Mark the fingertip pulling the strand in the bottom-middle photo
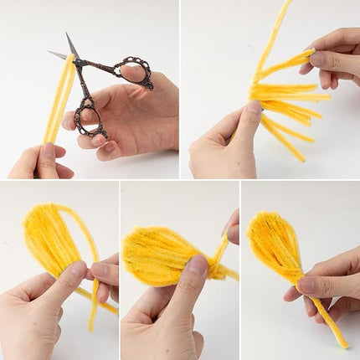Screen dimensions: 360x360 pyautogui.click(x=230, y=228)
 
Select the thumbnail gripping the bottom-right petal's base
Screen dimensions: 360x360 pyautogui.click(x=306, y=285)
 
